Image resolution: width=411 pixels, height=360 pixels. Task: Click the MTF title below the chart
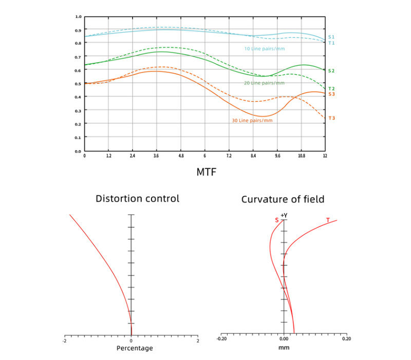click(x=206, y=172)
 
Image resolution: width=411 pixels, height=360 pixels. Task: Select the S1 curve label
click(x=331, y=37)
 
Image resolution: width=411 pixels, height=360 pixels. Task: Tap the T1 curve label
click(x=331, y=43)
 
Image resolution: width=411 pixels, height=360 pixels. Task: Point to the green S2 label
click(x=331, y=70)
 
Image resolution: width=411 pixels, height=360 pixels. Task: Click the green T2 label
click(x=331, y=89)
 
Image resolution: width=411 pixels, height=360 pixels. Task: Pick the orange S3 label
click(x=331, y=94)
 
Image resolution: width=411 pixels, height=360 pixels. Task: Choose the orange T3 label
click(x=331, y=118)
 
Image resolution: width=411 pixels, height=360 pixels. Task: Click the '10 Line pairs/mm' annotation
click(x=264, y=49)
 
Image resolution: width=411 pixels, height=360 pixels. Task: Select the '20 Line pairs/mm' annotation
click(x=264, y=83)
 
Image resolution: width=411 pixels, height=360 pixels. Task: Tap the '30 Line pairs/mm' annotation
click(x=252, y=121)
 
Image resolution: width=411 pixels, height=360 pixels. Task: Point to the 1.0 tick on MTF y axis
click(x=78, y=16)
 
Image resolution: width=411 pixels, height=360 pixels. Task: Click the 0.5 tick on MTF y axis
click(x=78, y=83)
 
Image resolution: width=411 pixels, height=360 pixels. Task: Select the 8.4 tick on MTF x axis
click(x=253, y=155)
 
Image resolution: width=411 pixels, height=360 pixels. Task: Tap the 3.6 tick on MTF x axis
click(x=157, y=155)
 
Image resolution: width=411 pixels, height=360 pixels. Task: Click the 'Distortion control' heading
click(x=138, y=199)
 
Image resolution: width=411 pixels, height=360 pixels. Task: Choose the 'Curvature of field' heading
click(x=283, y=199)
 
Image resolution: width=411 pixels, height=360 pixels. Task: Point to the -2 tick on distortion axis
click(x=64, y=340)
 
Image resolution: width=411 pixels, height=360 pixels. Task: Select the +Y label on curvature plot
click(x=283, y=215)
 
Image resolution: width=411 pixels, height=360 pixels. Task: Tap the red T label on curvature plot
click(x=328, y=220)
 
